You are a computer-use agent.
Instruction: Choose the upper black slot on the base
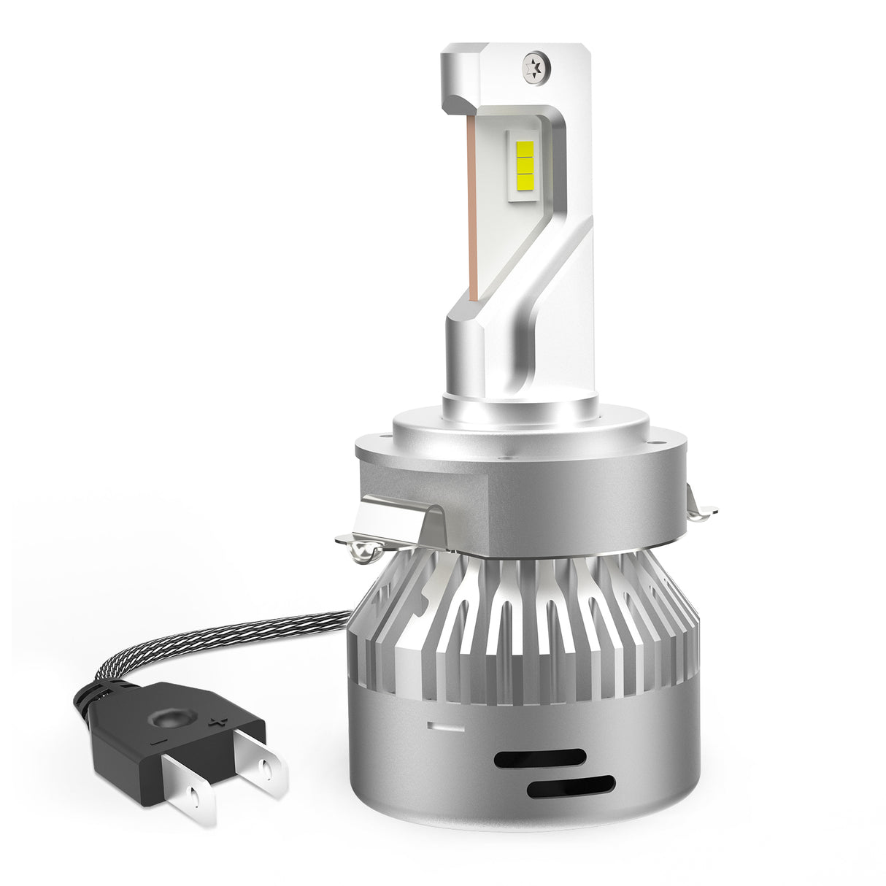click(539, 758)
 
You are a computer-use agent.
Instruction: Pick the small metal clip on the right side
click(700, 508)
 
